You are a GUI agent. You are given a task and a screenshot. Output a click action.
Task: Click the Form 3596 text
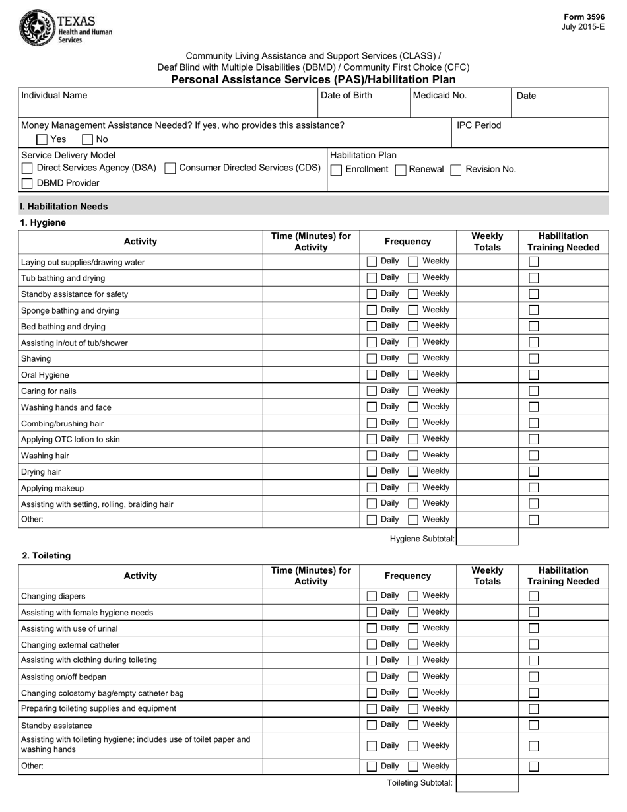pos(583,17)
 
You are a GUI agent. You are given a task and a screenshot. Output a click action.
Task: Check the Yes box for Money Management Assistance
pos(42,139)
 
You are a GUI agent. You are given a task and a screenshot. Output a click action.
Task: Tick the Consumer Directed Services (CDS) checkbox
pos(170,168)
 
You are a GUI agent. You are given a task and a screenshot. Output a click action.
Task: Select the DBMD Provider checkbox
pos(27,184)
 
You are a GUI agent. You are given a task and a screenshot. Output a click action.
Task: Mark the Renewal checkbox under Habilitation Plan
pos(400,170)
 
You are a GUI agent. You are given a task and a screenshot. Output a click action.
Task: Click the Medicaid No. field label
pos(440,95)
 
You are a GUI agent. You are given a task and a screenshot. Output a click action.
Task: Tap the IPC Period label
pos(478,125)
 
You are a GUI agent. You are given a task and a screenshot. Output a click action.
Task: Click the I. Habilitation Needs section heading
pos(64,207)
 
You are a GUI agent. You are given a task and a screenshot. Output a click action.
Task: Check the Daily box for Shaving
pos(372,358)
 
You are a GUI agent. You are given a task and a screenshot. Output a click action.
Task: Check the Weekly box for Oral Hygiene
pos(413,375)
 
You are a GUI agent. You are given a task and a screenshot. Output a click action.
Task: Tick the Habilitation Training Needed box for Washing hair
pos(534,456)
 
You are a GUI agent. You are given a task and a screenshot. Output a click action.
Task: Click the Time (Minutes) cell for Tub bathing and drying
pos(311,278)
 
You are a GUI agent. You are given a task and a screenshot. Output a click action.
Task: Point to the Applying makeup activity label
pos(53,488)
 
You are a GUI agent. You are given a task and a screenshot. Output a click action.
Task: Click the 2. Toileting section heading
pos(46,556)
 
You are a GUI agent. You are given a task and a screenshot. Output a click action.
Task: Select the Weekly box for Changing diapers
pos(413,596)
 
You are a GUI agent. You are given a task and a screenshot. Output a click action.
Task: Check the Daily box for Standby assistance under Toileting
pos(372,725)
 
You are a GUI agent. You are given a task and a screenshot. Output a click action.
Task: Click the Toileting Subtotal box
pos(487,784)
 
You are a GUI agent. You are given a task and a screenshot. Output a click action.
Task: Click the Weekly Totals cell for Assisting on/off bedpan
pos(487,677)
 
